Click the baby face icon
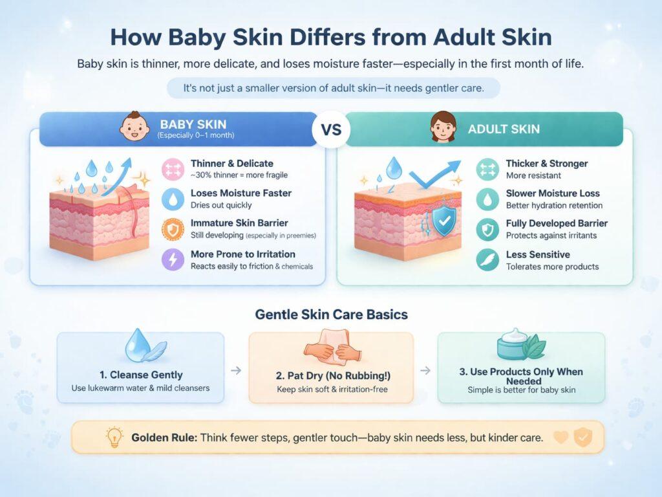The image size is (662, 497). (x=134, y=127)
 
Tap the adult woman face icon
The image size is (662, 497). (x=443, y=127)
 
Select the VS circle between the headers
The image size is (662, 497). (x=332, y=129)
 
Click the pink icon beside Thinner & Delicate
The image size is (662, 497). (x=173, y=169)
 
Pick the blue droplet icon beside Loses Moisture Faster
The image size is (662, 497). (x=173, y=199)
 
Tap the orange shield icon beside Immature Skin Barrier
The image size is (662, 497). (x=173, y=229)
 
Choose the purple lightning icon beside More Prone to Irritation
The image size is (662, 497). (x=173, y=260)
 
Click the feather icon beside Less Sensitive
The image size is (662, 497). (x=487, y=260)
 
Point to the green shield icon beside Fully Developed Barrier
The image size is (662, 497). (x=487, y=230)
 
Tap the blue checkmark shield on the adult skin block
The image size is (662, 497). (x=444, y=221)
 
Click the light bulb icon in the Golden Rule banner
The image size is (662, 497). (x=114, y=437)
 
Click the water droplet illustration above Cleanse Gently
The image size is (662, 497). (x=144, y=346)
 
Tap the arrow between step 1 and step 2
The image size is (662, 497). (x=236, y=371)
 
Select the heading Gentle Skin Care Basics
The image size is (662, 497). (x=332, y=315)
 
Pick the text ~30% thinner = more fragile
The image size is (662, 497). (x=239, y=175)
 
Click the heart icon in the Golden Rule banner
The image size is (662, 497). (x=561, y=437)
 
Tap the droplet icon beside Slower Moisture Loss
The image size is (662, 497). (x=487, y=199)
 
